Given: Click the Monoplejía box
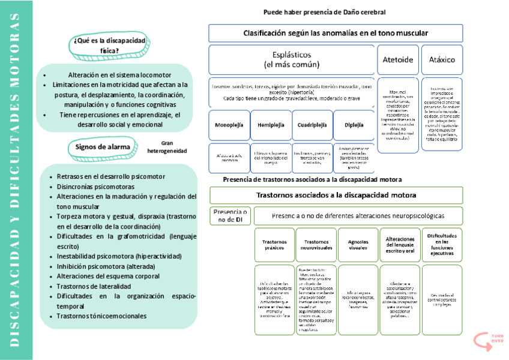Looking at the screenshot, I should tap(229, 126).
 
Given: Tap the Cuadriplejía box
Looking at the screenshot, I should tap(312, 126).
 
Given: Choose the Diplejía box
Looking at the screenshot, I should tap(354, 126).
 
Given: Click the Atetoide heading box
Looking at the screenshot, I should tap(397, 60).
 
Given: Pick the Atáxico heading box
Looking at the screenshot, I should tap(442, 60).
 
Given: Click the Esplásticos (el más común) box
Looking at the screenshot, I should tap(292, 59).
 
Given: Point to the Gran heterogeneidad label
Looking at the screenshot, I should tap(166, 147).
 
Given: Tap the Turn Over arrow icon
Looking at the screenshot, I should tap(481, 340).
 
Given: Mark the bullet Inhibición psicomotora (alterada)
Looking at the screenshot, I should tap(106, 266).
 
